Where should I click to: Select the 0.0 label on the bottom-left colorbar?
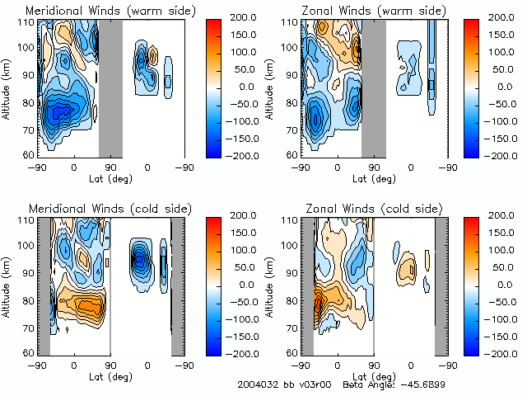coord(237,284)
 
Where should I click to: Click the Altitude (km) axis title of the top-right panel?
coord(273,87)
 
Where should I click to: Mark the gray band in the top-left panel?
coord(110,87)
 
